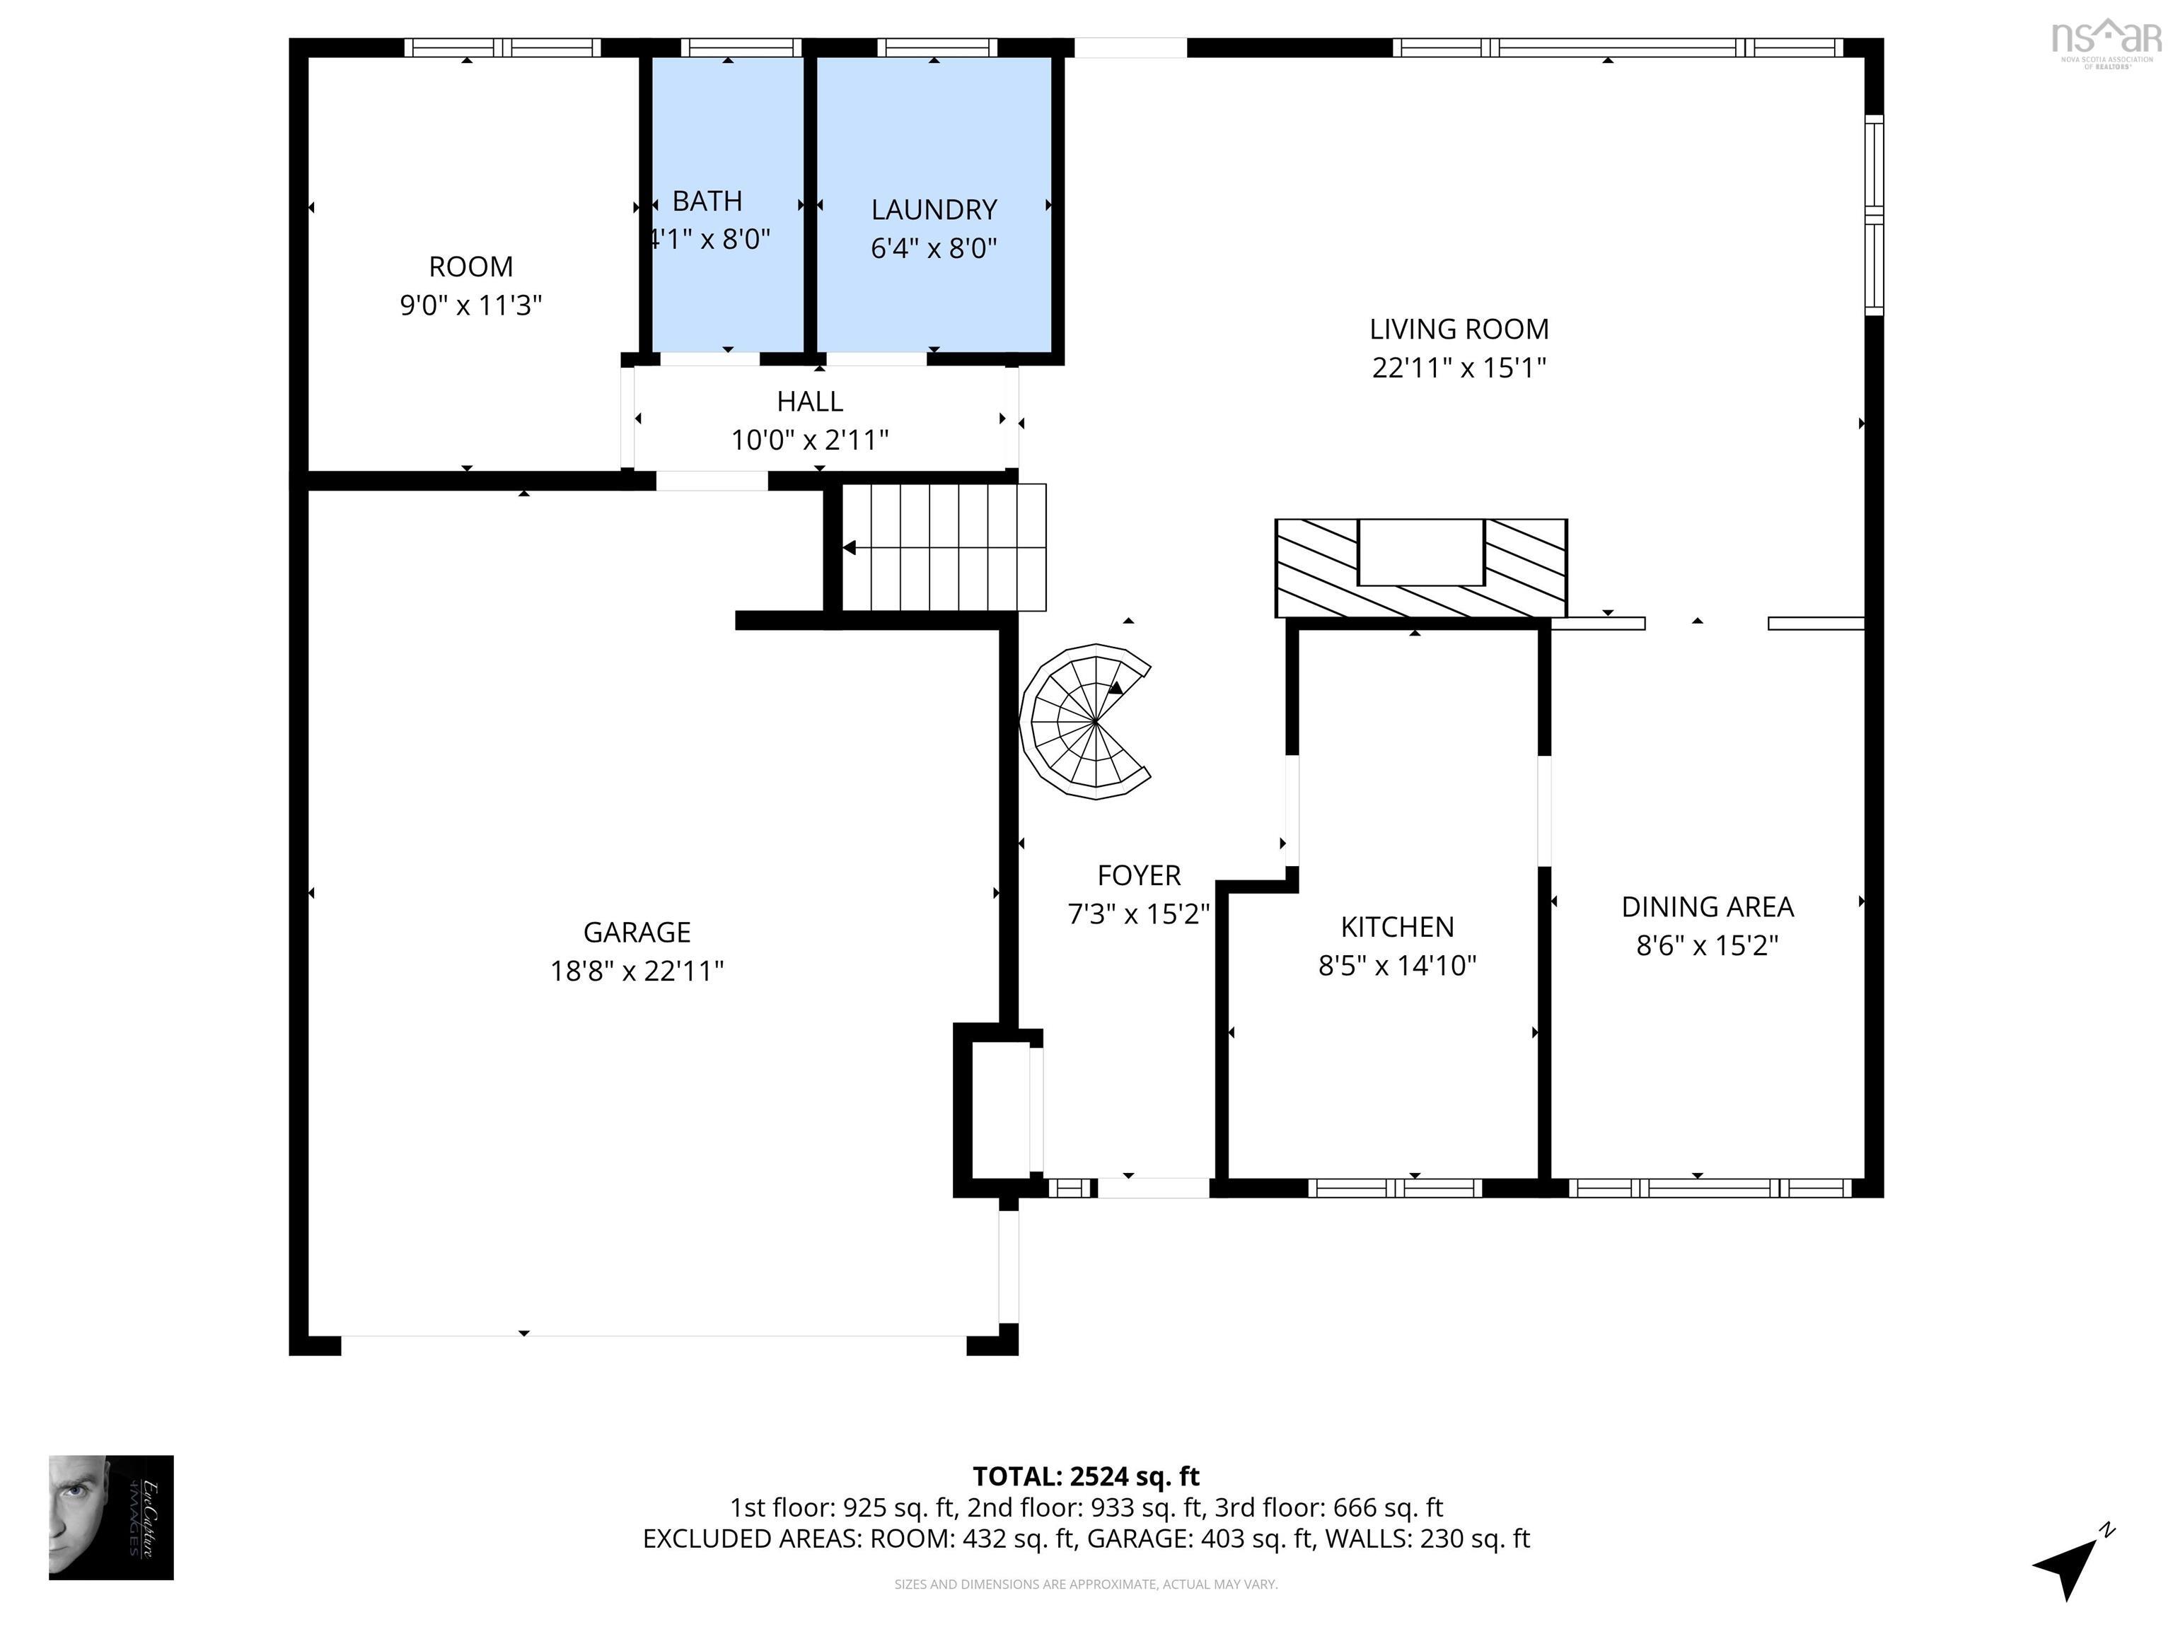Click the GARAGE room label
pos(637,932)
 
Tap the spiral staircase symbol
pos(1086,722)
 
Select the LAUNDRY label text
pos(933,209)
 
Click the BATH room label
pos(707,202)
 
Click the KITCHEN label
pos(1397,927)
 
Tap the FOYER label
pos(1139,875)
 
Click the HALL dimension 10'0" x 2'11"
pos(809,440)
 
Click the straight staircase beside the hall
pos(943,547)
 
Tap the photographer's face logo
pos(110,1517)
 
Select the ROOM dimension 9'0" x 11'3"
pos(470,305)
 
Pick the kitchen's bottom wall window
pos(1395,1188)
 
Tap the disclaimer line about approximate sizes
pos(1086,1584)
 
